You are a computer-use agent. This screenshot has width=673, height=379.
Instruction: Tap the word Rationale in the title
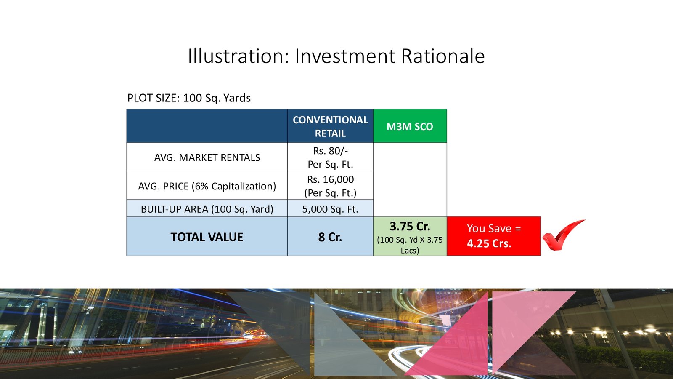443,56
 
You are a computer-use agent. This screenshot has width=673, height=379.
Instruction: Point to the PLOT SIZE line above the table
189,98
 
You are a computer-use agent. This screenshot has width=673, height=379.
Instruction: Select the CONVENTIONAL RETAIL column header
330,126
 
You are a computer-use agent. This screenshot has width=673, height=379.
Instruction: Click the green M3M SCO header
410,126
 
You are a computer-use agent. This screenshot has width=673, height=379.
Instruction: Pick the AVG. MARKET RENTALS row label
207,157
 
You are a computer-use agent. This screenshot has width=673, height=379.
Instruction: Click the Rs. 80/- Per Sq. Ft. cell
330,157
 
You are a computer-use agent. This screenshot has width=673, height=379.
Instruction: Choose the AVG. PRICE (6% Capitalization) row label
207,186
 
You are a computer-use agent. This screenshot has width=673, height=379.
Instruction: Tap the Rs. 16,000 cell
330,186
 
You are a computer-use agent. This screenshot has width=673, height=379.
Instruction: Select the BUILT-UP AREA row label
207,209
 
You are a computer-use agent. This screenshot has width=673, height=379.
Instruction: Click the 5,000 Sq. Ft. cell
330,209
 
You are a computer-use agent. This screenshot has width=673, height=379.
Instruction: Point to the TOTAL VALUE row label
207,237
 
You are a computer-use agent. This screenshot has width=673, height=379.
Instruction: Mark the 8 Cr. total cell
330,237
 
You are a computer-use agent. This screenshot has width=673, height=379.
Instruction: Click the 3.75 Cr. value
410,226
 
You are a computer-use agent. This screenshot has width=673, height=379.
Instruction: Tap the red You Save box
494,236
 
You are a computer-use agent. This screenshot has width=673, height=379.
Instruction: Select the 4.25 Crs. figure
489,243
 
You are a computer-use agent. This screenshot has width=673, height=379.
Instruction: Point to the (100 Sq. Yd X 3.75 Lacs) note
410,245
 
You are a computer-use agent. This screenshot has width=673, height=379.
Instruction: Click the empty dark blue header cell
207,126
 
